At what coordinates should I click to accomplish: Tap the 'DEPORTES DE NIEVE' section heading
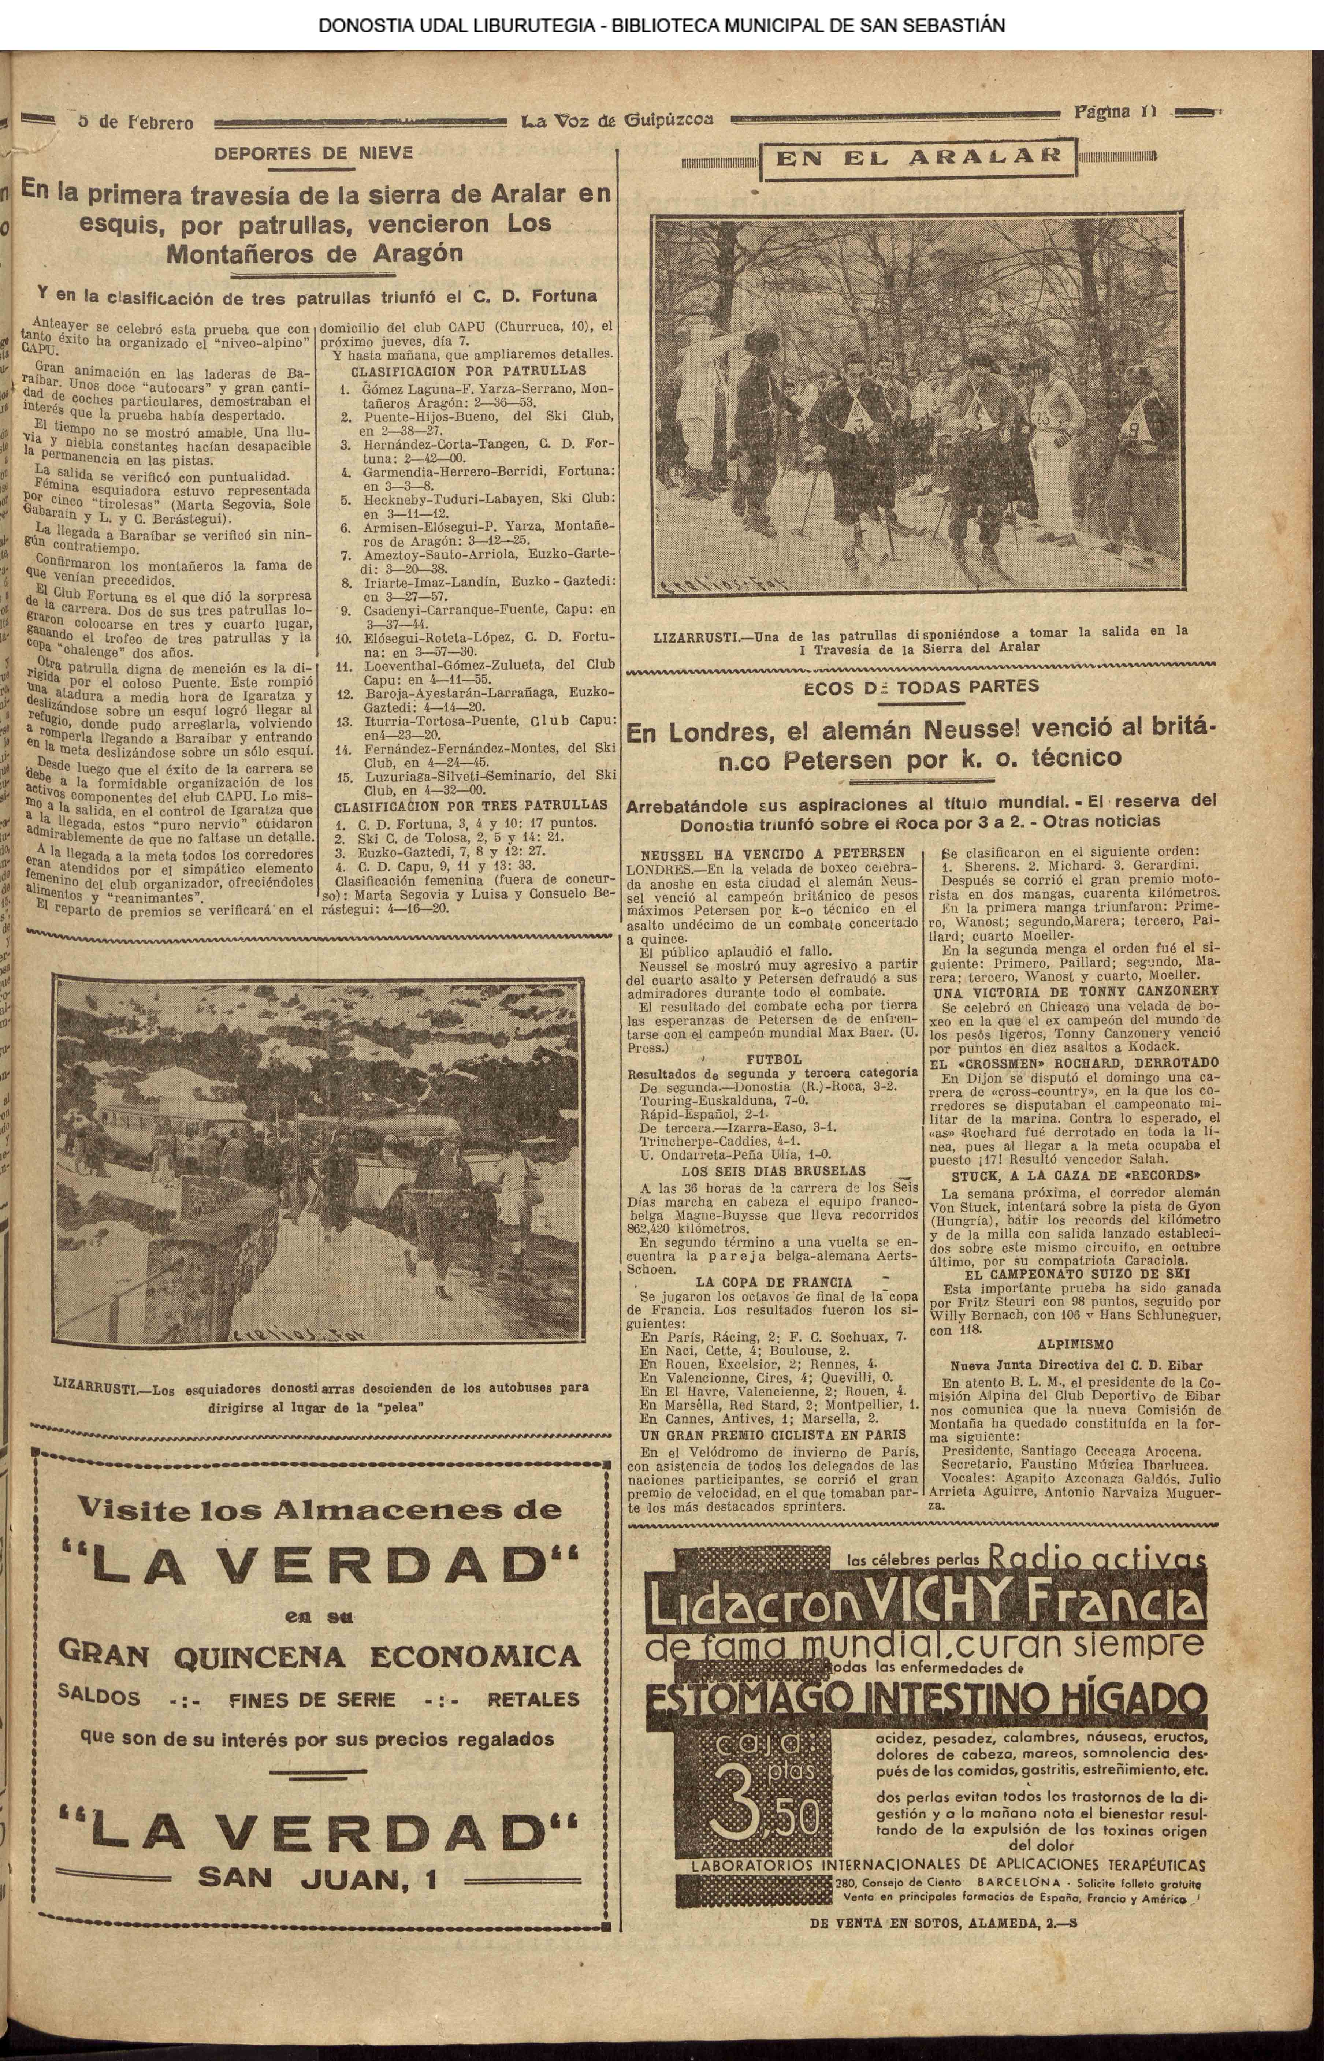(x=314, y=154)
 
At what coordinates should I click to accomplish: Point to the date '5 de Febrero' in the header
(x=136, y=122)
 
